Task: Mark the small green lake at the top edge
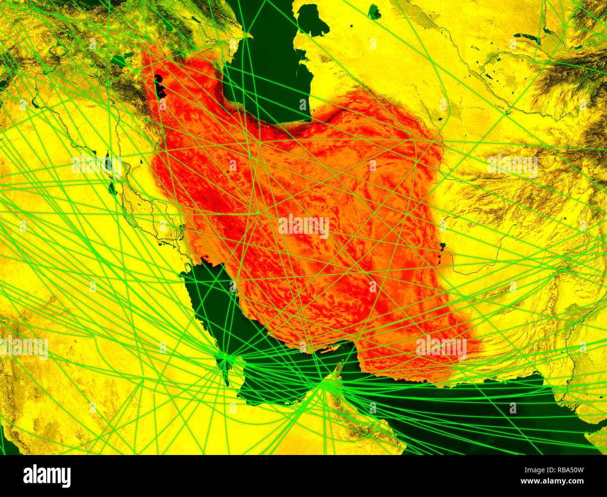pos(374,12)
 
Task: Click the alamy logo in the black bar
pos(47,476)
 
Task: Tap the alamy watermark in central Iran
pos(303,226)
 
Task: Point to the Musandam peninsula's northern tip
pos(339,364)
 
